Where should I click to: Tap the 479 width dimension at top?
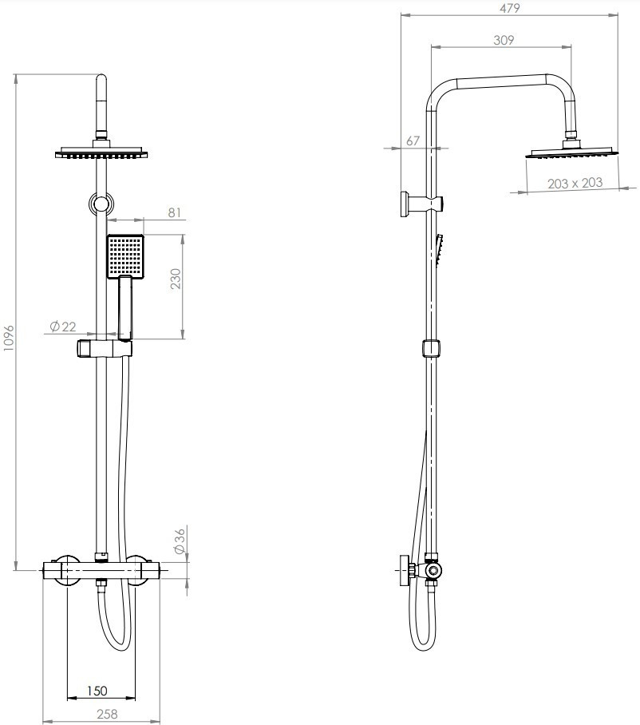509,8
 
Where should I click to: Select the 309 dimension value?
504,40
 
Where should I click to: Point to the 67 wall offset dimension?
413,141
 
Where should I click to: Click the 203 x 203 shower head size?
575,184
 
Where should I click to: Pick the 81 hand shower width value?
174,212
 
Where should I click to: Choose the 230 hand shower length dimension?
176,279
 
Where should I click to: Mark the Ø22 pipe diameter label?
63,327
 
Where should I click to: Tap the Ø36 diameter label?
180,541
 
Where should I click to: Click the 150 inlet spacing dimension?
97,691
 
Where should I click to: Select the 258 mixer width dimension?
107,714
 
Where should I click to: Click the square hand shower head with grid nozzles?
126,256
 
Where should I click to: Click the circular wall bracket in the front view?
101,204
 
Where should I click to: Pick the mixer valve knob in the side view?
405,570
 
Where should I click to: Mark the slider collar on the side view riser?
431,349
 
